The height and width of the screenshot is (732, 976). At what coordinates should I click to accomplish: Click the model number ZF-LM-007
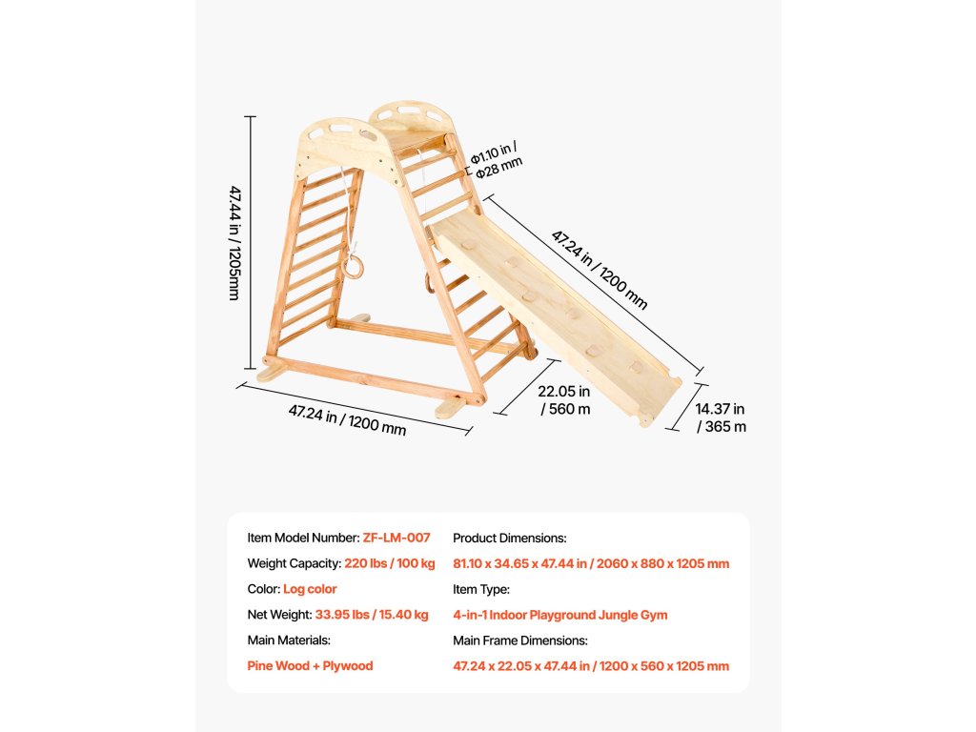click(396, 538)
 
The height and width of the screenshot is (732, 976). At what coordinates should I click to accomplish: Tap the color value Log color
click(310, 589)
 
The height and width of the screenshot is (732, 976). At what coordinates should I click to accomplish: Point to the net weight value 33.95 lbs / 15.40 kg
click(372, 615)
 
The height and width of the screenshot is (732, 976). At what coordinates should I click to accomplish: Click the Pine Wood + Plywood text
click(310, 666)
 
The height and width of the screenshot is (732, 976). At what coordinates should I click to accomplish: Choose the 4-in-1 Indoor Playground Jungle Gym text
click(559, 615)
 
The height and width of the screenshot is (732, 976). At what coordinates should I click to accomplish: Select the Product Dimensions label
click(509, 538)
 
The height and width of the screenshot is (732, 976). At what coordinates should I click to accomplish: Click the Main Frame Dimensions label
click(519, 640)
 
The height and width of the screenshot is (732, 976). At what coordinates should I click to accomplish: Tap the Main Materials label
click(289, 640)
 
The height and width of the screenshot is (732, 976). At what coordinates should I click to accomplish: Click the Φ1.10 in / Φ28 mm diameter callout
click(498, 158)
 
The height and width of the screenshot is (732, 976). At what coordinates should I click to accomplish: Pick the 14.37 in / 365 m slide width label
click(721, 417)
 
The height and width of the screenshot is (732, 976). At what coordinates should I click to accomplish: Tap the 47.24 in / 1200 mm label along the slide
click(600, 269)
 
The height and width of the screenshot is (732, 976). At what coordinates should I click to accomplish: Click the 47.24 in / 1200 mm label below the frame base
click(347, 419)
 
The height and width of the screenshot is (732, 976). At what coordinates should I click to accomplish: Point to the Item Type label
click(481, 589)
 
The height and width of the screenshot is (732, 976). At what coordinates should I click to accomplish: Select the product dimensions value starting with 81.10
click(591, 563)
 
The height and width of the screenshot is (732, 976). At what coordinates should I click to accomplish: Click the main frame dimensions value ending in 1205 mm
click(591, 666)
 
